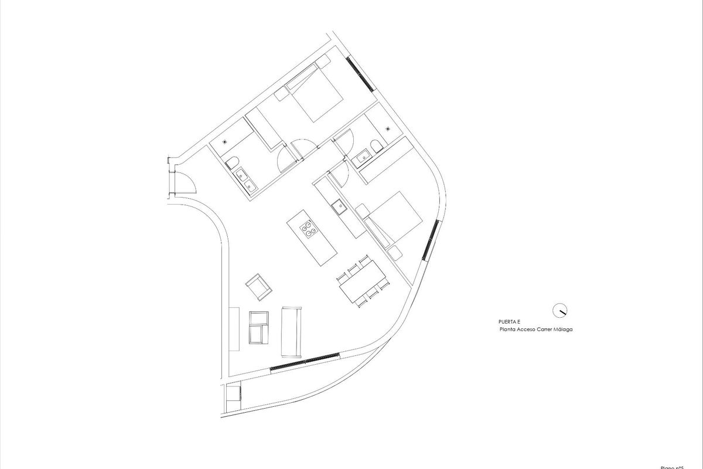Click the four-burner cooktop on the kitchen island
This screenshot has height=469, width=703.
tap(309, 230)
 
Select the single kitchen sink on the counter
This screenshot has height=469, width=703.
tap(337, 206)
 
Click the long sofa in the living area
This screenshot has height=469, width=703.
tap(291, 331)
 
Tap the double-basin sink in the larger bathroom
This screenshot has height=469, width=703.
tap(244, 179)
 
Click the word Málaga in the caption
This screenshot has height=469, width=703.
tap(561, 329)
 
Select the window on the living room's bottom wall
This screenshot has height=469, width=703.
tap(305, 361)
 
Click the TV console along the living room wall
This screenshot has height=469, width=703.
tap(234, 328)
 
